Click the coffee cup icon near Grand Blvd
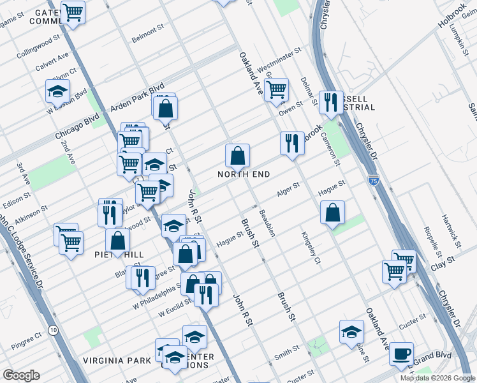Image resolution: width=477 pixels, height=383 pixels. pos(401,353)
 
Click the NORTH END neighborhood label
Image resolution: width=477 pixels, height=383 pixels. pos(244,174)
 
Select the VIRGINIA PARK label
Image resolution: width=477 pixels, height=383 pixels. pos(117,360)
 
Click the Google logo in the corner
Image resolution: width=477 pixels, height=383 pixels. pos(21,375)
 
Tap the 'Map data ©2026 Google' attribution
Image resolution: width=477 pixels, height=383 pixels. pos(437,378)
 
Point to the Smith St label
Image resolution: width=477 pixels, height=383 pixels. pos(286,350)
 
